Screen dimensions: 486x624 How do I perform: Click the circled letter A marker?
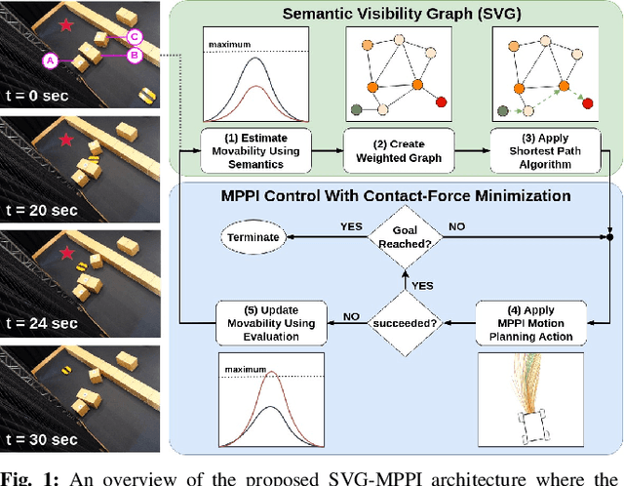click(x=50, y=61)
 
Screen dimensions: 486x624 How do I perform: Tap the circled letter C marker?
click(x=136, y=37)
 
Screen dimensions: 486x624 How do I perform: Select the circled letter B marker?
click(x=136, y=57)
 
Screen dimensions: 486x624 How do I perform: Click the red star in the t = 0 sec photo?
click(x=65, y=23)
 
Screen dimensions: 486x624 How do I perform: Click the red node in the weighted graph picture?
click(x=441, y=101)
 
